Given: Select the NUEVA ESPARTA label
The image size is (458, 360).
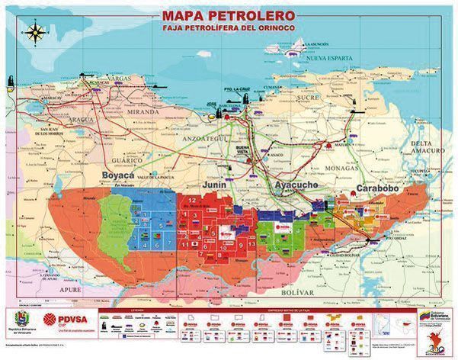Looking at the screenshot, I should (327, 58).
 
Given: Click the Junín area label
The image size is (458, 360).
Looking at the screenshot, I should (216, 184).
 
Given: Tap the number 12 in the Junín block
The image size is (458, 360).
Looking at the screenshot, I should (187, 198).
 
